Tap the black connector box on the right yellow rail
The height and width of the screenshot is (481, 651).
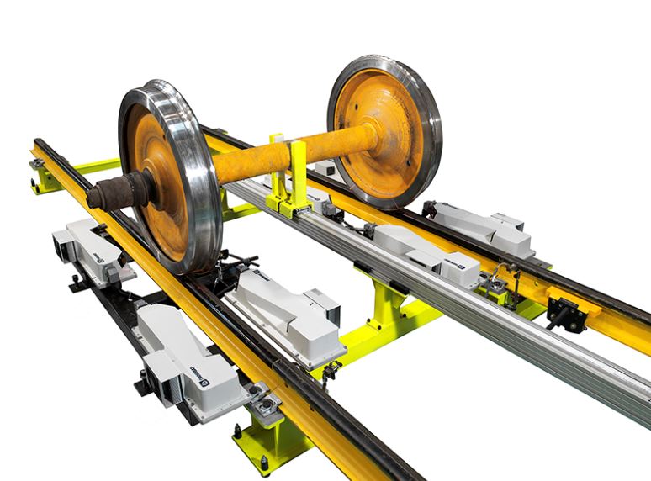pyautogui.click(x=566, y=314)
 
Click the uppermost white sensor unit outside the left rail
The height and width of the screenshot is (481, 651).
pyautogui.click(x=93, y=248)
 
